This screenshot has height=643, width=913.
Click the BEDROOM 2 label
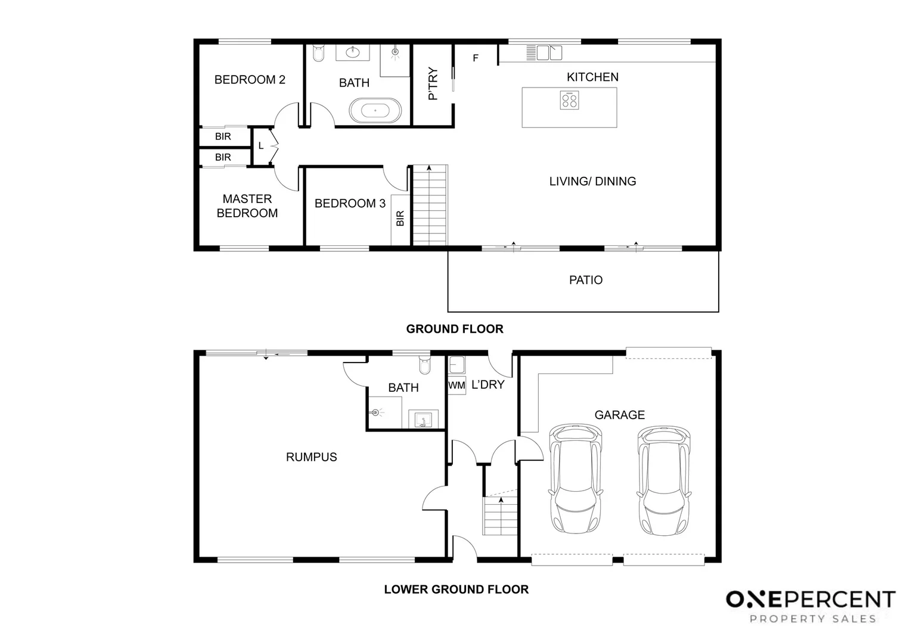coord(250,80)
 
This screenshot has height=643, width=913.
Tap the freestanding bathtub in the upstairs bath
coord(375,111)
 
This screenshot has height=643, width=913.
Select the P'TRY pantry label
coord(433,83)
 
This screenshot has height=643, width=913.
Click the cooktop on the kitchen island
coord(569,100)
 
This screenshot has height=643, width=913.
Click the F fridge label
coord(476,58)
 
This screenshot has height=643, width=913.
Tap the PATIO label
coord(585,280)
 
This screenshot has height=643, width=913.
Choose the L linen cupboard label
coord(261,145)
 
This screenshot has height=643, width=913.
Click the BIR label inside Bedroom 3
coord(400,219)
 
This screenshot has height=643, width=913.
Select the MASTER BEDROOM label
coord(247,206)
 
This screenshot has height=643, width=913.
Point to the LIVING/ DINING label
coord(592,182)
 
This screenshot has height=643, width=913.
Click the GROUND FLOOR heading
coord(455,329)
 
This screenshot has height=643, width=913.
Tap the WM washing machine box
coord(456,385)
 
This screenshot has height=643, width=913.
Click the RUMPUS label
coord(311,457)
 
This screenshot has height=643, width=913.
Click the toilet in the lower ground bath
coord(424,365)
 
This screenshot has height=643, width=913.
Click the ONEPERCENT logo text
coord(810,599)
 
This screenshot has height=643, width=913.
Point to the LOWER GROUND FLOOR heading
coord(456,589)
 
